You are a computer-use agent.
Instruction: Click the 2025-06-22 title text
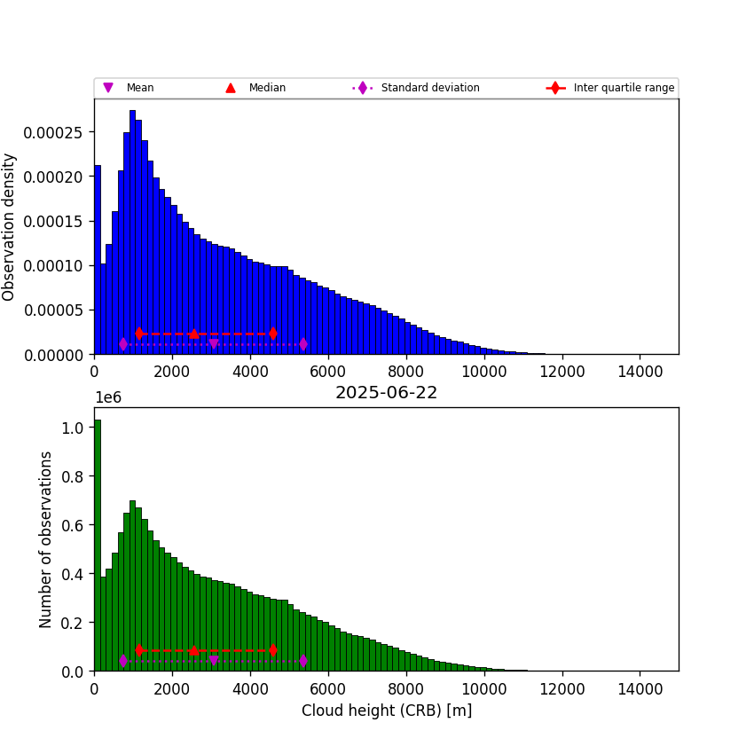(x=386, y=393)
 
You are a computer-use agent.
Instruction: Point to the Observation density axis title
(x=10, y=226)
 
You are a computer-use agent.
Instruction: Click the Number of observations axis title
(x=46, y=539)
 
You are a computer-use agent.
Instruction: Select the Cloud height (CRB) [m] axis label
(x=386, y=711)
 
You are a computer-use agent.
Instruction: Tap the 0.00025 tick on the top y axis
(x=59, y=132)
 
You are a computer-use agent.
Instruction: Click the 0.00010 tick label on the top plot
(x=59, y=265)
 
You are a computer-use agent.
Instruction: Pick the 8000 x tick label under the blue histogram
(x=406, y=372)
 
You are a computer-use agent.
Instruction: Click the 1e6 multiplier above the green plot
(x=108, y=397)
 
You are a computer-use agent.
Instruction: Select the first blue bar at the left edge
(x=98, y=266)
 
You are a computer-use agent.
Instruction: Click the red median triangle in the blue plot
(x=193, y=334)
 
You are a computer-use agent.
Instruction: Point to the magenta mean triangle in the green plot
(x=214, y=661)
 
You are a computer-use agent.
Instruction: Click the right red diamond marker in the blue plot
(x=272, y=334)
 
